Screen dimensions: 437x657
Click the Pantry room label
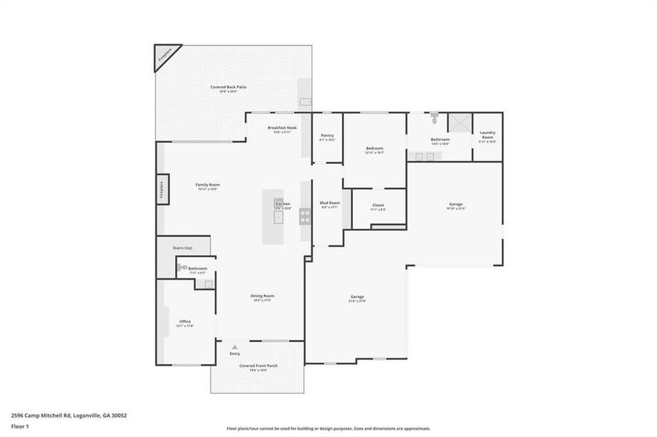pos(327,135)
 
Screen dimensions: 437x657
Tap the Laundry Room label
pos(487,135)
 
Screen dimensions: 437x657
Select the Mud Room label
pos(330,202)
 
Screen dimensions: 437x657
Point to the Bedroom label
pos(374,149)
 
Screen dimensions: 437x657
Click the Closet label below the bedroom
pos(378,205)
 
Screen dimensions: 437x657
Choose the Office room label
pos(185,321)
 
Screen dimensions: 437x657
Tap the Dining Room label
pos(263,296)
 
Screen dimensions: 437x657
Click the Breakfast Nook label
pos(281,127)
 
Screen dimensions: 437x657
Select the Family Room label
pos(208,185)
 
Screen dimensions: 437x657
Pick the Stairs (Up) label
pos(182,248)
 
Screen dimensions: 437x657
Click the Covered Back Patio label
pos(228,87)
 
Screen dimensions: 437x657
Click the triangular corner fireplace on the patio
pos(164,56)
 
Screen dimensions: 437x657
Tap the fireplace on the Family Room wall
pos(162,189)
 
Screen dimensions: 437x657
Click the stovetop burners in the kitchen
pos(305,215)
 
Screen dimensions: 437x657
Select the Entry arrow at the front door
pos(235,347)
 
